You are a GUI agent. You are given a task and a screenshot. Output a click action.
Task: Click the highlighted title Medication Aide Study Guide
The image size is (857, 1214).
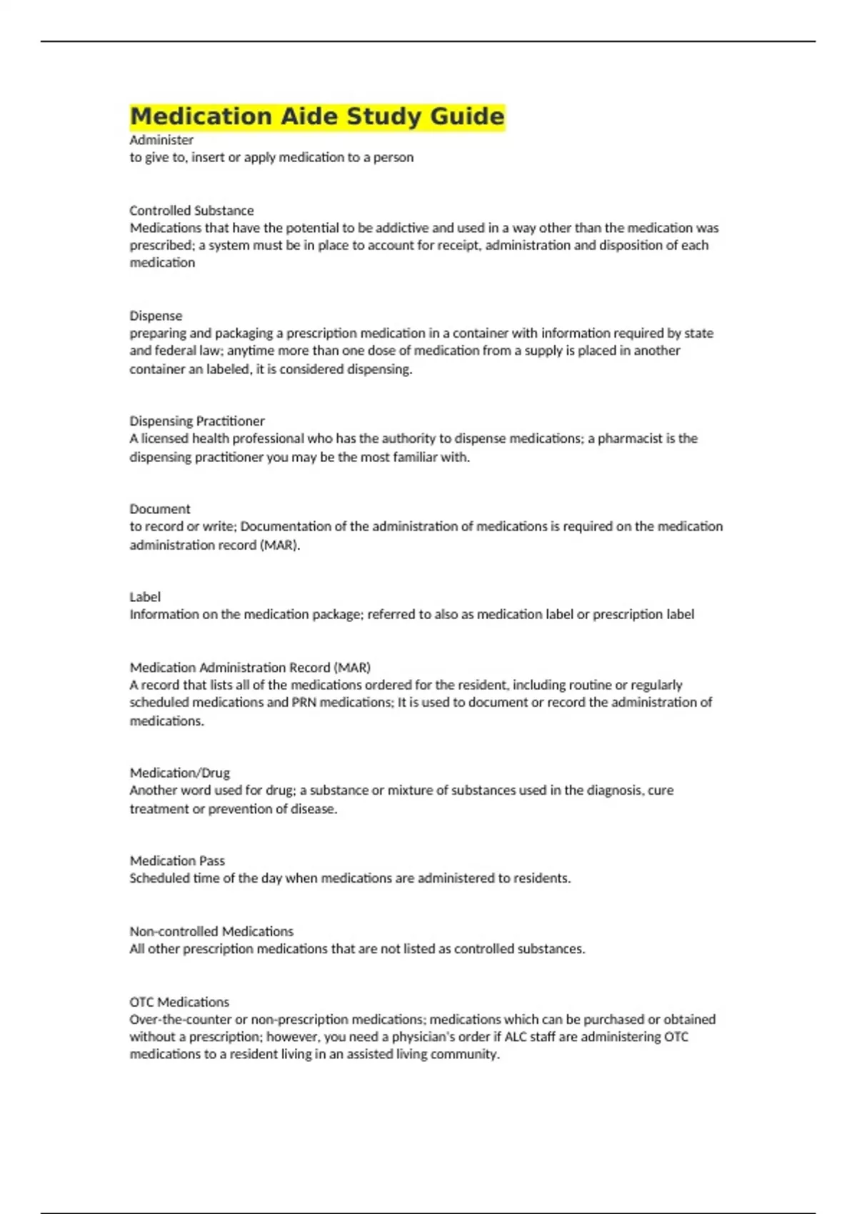tap(317, 116)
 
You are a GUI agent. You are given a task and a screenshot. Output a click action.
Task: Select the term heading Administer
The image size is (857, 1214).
tap(161, 140)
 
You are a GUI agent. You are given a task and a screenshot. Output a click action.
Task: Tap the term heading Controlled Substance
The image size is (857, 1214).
tap(191, 211)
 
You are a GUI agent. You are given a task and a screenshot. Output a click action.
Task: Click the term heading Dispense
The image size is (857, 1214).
tap(156, 316)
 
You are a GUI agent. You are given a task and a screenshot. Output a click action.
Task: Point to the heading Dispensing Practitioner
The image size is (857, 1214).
tap(197, 421)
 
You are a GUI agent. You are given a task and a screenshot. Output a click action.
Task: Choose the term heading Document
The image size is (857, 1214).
tap(160, 509)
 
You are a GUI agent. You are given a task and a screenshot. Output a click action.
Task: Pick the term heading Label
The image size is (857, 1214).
tap(145, 597)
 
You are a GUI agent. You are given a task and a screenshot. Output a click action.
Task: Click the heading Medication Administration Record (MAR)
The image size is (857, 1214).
tap(250, 668)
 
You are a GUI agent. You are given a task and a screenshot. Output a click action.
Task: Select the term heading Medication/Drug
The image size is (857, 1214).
tap(180, 773)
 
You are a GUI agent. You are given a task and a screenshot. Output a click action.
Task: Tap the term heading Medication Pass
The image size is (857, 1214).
tap(177, 861)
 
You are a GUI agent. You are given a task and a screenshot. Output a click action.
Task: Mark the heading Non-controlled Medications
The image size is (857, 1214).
tap(211, 931)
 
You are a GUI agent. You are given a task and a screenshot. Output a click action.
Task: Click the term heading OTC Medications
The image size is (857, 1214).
tap(179, 1002)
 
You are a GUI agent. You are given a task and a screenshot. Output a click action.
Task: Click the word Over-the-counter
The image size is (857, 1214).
tap(182, 1020)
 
